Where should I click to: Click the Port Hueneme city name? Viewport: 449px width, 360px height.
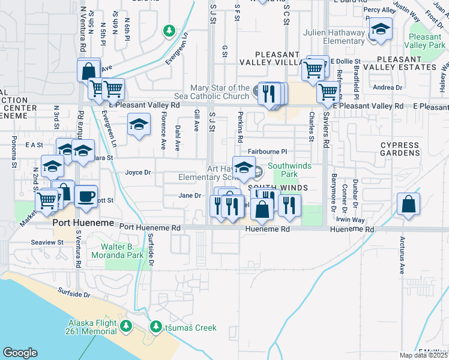pyautogui.click(x=82, y=223)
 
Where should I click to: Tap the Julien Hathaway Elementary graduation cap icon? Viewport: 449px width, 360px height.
pyautogui.click(x=380, y=28)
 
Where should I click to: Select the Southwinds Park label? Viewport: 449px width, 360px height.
pyautogui.click(x=283, y=170)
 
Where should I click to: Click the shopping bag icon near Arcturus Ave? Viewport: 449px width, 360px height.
pyautogui.click(x=408, y=203)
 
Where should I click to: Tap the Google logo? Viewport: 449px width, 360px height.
pyautogui.click(x=20, y=352)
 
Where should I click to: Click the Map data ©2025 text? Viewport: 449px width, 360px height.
pyautogui.click(x=423, y=355)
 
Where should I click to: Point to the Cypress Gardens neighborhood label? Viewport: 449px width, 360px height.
pyautogui.click(x=400, y=149)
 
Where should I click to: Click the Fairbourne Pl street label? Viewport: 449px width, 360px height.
pyautogui.click(x=268, y=152)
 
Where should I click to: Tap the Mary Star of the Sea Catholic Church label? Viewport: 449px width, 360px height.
pyautogui.click(x=220, y=92)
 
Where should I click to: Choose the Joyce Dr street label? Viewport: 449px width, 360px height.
pyautogui.click(x=137, y=173)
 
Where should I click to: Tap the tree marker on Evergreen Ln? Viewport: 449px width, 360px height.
pyautogui.click(x=169, y=30)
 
